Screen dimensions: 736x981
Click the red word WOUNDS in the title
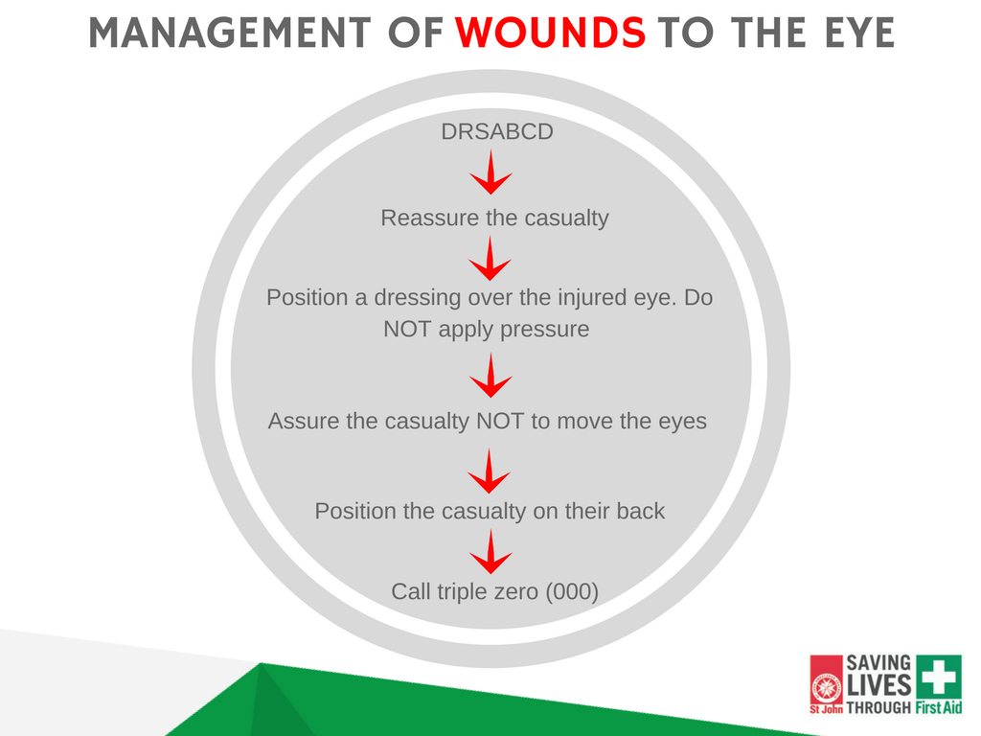551,34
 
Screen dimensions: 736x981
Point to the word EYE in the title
858,34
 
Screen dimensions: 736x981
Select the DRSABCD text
497,132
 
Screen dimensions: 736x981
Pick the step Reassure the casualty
494,218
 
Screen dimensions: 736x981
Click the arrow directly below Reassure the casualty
491,260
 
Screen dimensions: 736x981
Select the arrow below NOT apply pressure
491,376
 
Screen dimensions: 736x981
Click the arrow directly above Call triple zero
491,552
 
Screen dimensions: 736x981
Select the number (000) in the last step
572,591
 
